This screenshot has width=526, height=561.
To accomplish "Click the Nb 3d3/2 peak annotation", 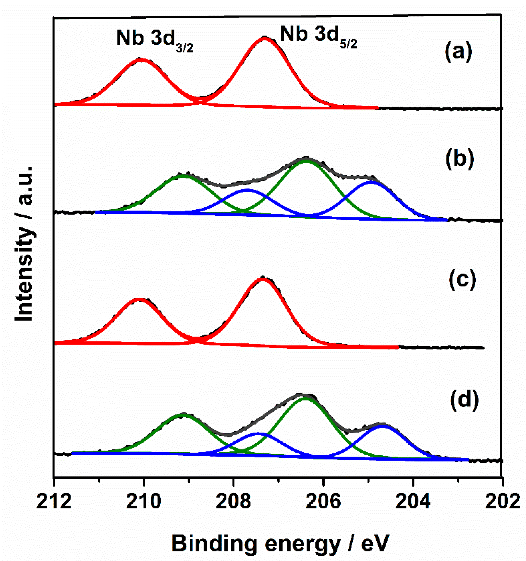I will (x=155, y=39).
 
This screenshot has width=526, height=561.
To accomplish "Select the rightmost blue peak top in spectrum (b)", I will (x=372, y=182).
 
